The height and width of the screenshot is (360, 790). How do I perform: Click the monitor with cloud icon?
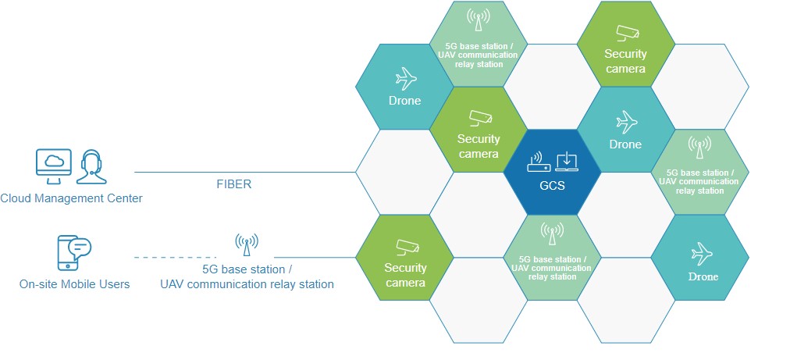[x=53, y=166]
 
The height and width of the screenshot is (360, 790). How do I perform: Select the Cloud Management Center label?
[x=71, y=198]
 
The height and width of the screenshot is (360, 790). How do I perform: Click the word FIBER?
[x=234, y=185]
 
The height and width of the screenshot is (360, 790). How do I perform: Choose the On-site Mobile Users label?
[x=75, y=284]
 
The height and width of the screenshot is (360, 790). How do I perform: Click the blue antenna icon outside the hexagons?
[x=247, y=244]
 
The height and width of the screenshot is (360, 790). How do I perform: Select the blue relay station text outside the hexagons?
[x=247, y=284]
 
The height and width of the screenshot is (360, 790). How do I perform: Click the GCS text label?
[x=552, y=187]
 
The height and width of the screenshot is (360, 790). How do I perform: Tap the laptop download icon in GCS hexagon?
[x=566, y=161]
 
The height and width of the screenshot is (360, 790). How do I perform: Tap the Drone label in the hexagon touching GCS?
[x=625, y=144]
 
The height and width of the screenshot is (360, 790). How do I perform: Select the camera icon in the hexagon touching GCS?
[x=479, y=119]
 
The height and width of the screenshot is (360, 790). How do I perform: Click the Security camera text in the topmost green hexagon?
[x=625, y=61]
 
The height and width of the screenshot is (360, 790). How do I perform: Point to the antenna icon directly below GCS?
[x=552, y=233]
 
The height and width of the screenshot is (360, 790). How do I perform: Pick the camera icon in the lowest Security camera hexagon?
[x=406, y=247]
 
